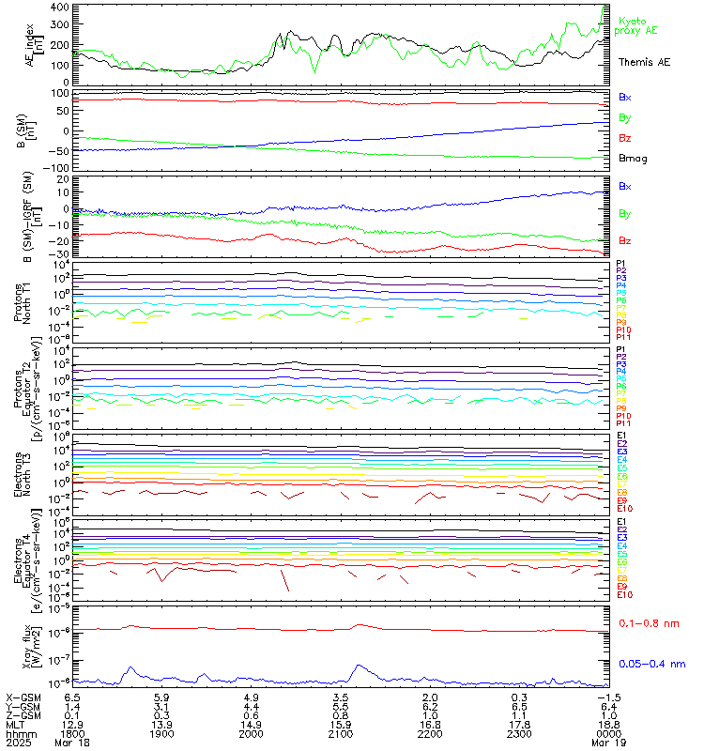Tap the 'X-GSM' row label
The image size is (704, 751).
coord(23,697)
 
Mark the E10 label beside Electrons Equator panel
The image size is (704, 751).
coord(624,595)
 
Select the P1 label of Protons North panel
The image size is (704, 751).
coord(620,263)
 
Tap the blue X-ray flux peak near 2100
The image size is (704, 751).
coord(358,666)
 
